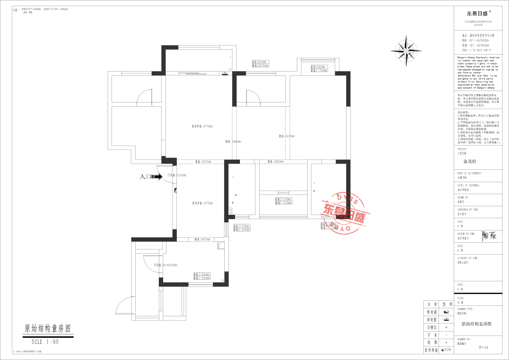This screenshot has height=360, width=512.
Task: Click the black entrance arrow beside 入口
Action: [x=158, y=176]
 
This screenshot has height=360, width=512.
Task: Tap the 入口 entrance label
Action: [x=146, y=176]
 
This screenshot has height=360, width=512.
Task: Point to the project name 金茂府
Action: [x=469, y=161]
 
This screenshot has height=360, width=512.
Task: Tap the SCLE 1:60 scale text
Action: [x=45, y=342]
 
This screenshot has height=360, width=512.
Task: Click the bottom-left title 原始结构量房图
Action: [x=50, y=328]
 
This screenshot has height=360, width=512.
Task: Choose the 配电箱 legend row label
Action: [x=431, y=312]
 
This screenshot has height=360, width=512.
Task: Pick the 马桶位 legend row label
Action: [x=431, y=327]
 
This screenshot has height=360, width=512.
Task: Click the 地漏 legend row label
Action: [x=431, y=342]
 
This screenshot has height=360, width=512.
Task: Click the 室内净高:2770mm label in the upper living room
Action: [x=202, y=126]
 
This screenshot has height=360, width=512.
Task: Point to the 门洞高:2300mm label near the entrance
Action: [x=176, y=175]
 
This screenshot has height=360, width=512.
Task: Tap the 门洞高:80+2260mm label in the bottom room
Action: [x=165, y=265]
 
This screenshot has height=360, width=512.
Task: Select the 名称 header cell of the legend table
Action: [x=431, y=304]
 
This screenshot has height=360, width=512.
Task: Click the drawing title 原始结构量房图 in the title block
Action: [x=476, y=324]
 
